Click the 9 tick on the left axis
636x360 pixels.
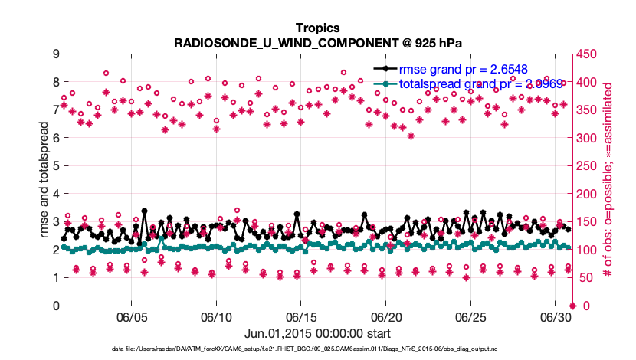point(56,54)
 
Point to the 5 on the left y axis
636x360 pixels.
point(56,165)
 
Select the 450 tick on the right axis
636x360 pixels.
point(586,54)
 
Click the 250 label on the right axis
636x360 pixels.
point(586,165)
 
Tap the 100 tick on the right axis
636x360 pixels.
point(586,250)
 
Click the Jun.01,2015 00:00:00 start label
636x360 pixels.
point(317,333)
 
